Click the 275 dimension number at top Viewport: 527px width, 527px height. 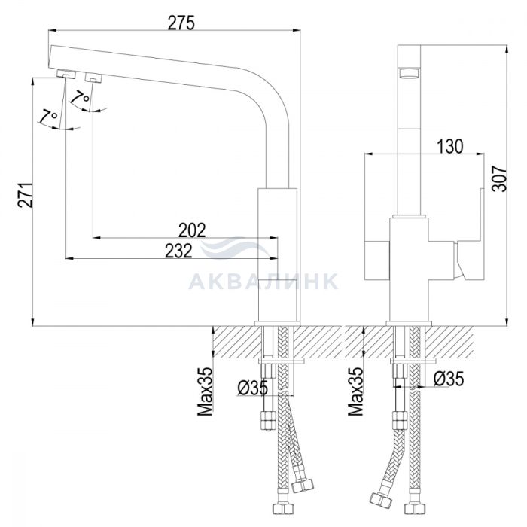coord(181,23)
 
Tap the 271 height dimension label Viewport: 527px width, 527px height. coord(26,195)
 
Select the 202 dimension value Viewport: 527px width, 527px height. coord(191,230)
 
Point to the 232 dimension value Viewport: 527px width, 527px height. coord(178,251)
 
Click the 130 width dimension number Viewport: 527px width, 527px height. coord(449,147)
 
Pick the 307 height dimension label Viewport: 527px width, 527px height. coord(498,179)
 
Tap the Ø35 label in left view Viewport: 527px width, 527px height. coord(253,388)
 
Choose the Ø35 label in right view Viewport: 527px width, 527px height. coord(449,379)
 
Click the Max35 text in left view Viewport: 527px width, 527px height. coord(205,391)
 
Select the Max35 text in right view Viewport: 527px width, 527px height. coord(355,391)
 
